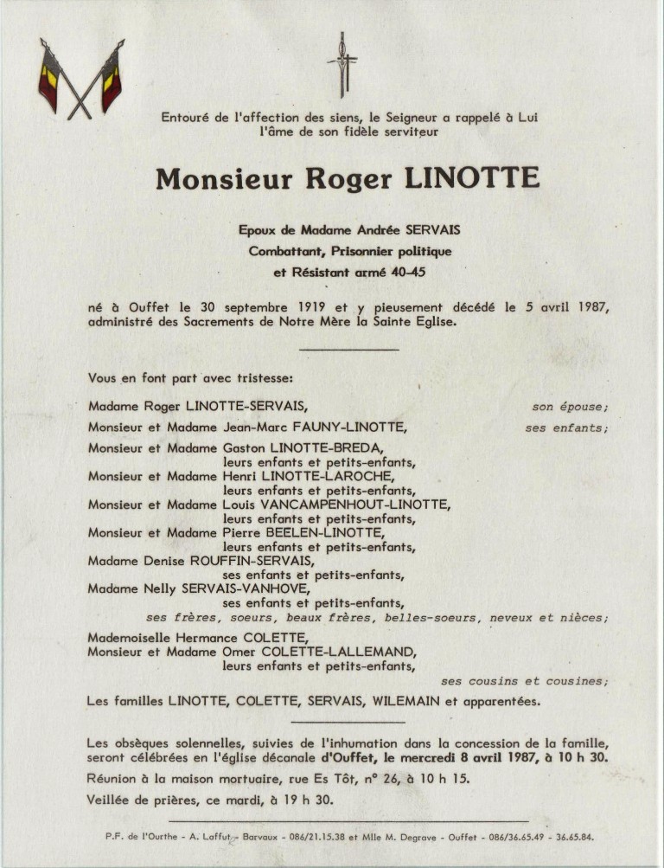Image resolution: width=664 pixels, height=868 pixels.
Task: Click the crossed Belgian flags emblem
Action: click(80, 79)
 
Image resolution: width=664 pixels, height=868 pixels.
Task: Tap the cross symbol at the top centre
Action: click(342, 64)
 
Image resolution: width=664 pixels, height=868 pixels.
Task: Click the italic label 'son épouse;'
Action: click(570, 405)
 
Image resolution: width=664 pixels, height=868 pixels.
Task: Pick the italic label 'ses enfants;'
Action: click(566, 427)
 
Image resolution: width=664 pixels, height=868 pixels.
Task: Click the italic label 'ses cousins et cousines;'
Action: click(525, 680)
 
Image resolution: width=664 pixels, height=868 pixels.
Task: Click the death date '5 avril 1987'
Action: click(565, 307)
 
